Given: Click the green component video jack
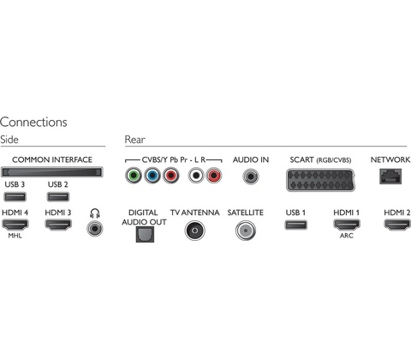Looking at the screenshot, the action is tap(134, 176).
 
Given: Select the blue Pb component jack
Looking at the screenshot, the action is tap(152, 176).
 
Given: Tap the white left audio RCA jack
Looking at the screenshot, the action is tap(196, 176).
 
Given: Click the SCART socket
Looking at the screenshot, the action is tap(320, 180).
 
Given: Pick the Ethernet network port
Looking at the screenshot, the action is tap(390, 177).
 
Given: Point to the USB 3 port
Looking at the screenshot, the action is tap(15, 196).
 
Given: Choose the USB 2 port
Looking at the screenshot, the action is tap(58, 196).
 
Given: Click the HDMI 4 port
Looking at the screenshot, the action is tap(15, 225).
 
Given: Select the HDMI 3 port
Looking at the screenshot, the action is tap(58, 225).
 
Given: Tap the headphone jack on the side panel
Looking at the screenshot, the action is tap(95, 228).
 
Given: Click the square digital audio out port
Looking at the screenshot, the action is tap(145, 234).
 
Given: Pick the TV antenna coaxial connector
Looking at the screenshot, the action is tap(195, 231).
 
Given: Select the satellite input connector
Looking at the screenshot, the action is tap(246, 231).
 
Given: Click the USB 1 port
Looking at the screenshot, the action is tap(296, 225).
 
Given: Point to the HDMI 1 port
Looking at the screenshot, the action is tap(347, 225).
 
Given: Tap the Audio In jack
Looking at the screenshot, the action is tap(251, 177).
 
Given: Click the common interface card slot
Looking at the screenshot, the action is tap(52, 172).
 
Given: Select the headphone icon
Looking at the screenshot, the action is tap(95, 213).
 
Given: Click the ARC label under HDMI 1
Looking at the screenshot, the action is tap(347, 236).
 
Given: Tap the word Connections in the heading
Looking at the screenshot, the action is tap(33, 122).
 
